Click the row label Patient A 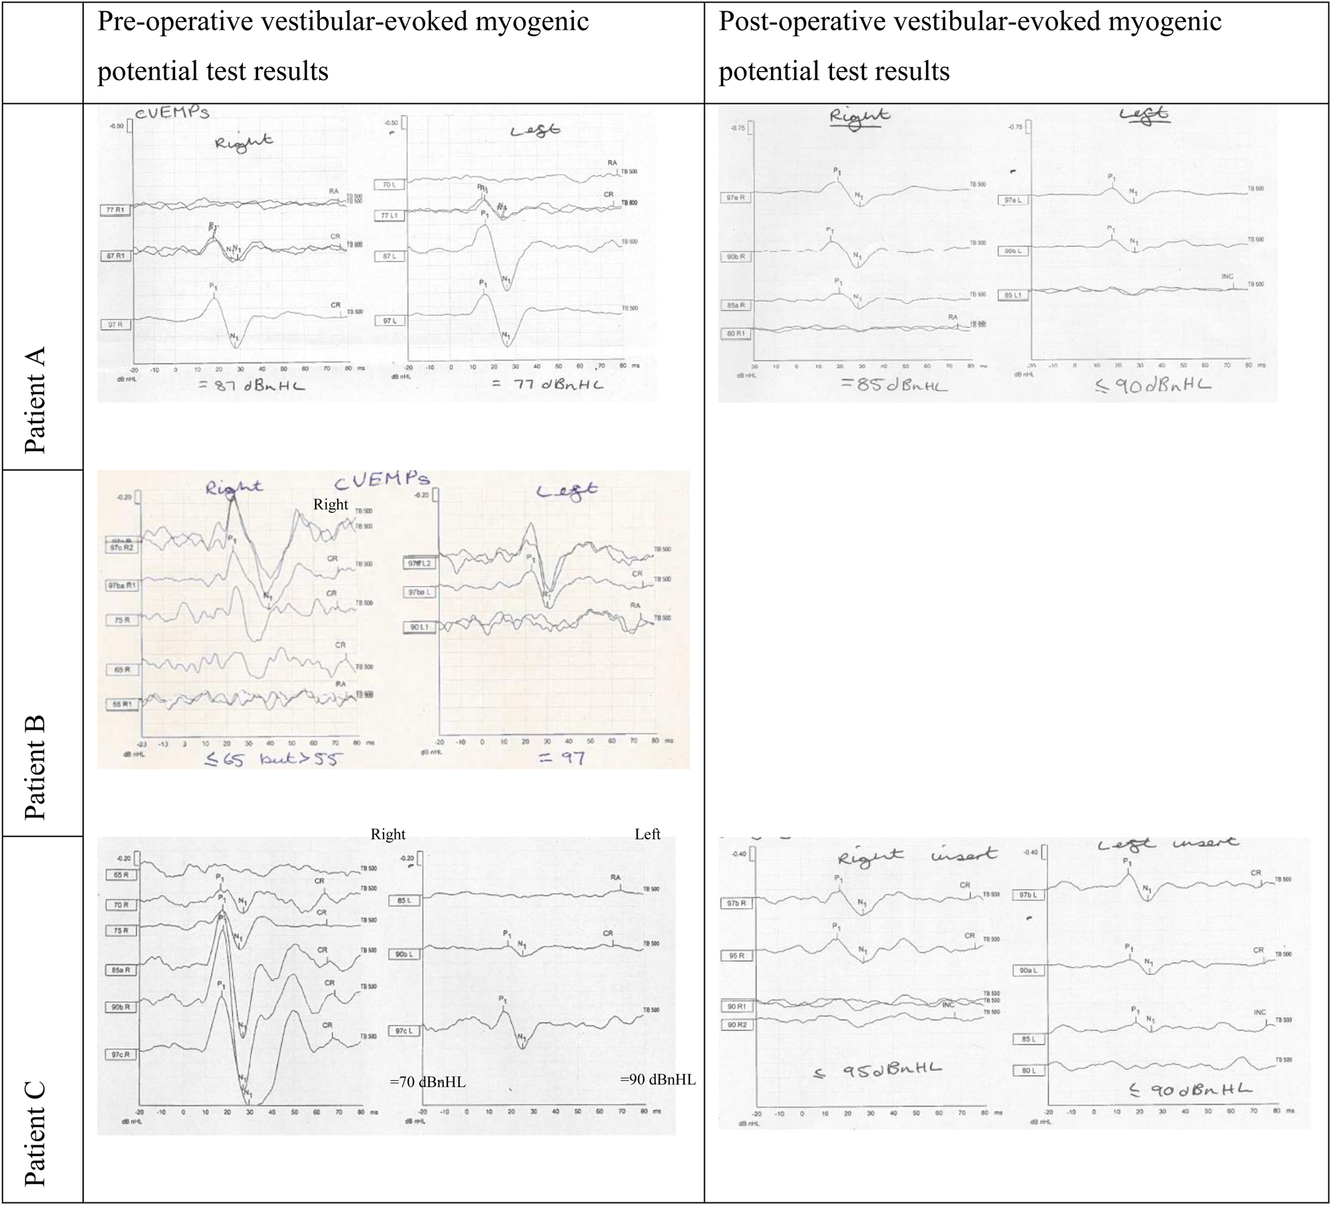coord(35,400)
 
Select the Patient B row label coord(35,767)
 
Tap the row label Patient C coord(35,1133)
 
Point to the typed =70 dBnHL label coord(427,1082)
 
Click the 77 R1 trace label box coord(115,210)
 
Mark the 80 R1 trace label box coord(735,333)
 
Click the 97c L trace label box coord(404,1031)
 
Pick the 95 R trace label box coord(736,956)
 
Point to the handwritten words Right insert coord(917,856)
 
